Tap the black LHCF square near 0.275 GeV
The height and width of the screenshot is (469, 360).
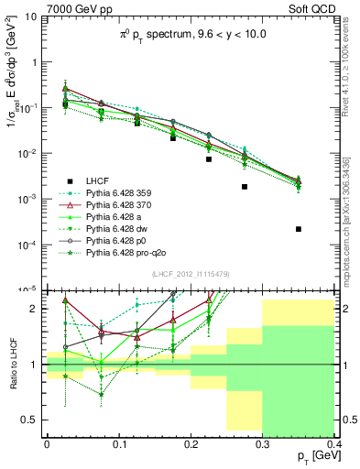pos(245,187)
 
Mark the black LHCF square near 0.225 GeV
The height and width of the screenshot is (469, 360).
pos(209,159)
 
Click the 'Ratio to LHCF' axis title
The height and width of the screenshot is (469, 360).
pos(12,364)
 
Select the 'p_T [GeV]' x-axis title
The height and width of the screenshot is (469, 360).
pos(311,455)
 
